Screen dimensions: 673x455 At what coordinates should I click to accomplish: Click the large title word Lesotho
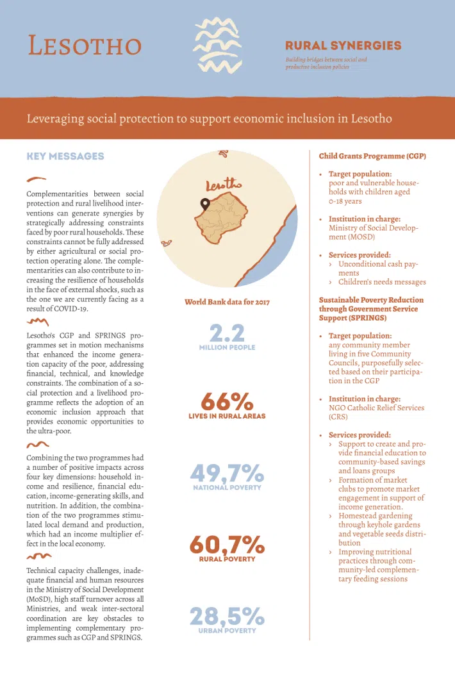pyautogui.click(x=85, y=46)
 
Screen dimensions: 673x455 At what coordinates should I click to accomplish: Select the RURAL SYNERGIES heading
pyautogui.click(x=343, y=46)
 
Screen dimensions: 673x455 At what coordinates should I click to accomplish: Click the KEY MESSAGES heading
pyautogui.click(x=65, y=156)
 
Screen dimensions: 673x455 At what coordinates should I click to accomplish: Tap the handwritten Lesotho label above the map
pyautogui.click(x=224, y=186)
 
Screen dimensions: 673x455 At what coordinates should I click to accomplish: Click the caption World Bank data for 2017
pyautogui.click(x=227, y=302)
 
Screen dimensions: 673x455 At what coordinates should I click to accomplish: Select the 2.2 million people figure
pyautogui.click(x=226, y=333)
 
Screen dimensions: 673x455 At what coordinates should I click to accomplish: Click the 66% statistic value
pyautogui.click(x=226, y=402)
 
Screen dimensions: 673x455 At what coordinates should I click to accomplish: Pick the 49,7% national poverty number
pyautogui.click(x=226, y=474)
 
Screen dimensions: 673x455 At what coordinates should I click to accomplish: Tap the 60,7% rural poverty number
pyautogui.click(x=226, y=545)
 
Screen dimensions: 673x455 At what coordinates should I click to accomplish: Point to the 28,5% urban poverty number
pyautogui.click(x=226, y=617)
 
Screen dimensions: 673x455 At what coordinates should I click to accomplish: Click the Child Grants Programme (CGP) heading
pyautogui.click(x=372, y=156)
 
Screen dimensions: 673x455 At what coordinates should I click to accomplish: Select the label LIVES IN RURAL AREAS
pyautogui.click(x=227, y=416)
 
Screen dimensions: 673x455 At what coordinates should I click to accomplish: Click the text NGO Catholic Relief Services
pyautogui.click(x=376, y=408)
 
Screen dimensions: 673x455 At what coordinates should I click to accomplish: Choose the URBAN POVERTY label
pyautogui.click(x=227, y=631)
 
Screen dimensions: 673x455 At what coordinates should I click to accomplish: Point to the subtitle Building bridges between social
pyautogui.click(x=326, y=60)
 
